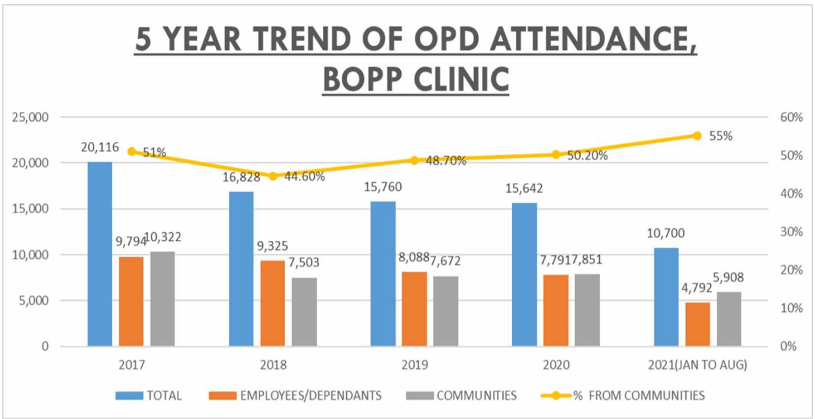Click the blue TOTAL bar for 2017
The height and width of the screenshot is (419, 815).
[x=99, y=253]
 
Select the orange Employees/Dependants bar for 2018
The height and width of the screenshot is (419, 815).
[x=273, y=303]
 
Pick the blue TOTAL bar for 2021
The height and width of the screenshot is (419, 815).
[x=666, y=297]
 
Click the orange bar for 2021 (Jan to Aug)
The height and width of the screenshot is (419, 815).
[x=698, y=324]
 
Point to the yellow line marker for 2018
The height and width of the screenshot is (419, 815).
[x=273, y=176]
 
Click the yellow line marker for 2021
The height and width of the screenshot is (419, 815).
[x=697, y=136]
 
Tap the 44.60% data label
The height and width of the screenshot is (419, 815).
[x=304, y=176]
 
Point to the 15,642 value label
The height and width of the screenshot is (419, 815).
[x=525, y=189]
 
